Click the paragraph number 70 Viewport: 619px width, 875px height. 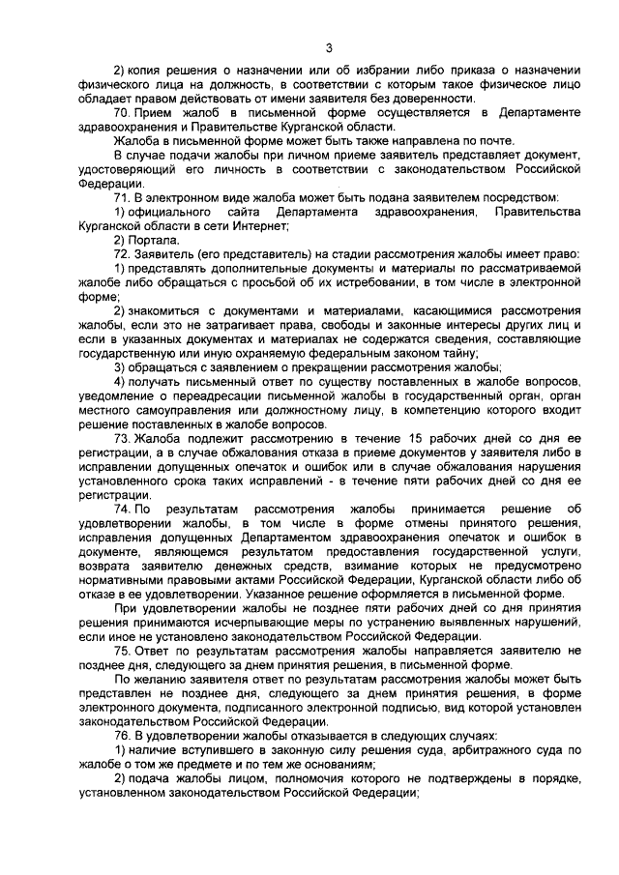click(123, 112)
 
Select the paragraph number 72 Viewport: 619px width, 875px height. click(123, 252)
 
